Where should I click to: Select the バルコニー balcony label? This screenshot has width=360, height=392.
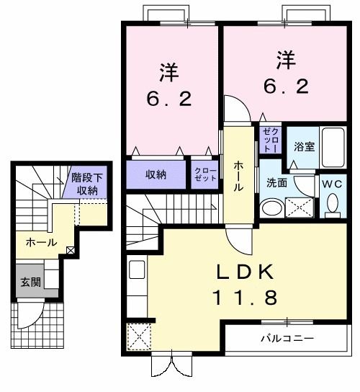pos(287,338)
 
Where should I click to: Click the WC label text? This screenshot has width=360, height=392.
pos(333,183)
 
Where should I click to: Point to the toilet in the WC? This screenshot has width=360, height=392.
pos(333,205)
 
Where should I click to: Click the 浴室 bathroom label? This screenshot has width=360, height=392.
pos(303,146)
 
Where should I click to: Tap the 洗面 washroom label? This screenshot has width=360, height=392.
pos(276,183)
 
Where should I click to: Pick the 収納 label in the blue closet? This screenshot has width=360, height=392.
pos(157,174)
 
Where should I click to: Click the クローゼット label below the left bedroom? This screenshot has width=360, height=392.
pos(205,174)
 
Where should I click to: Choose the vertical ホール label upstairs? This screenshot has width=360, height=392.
pos(238,175)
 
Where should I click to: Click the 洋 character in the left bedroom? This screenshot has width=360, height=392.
pos(169,72)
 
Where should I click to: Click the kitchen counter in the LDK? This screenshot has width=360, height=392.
pos(137,285)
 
